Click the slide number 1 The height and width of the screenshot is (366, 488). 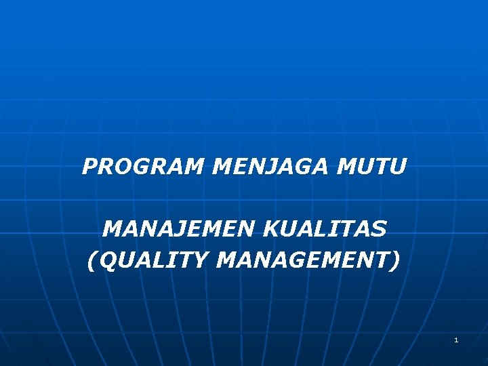tap(456, 340)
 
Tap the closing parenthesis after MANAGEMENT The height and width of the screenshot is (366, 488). tap(396, 260)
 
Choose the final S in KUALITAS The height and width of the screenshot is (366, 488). tap(379, 229)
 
